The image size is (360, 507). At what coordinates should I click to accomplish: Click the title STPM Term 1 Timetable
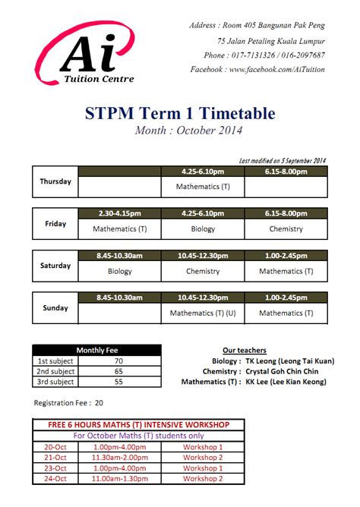tap(180, 114)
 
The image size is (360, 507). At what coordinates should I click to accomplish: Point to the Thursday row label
tap(55, 181)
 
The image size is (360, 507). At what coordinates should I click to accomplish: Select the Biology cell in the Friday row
tap(203, 228)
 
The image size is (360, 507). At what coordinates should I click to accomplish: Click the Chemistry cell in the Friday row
tap(286, 228)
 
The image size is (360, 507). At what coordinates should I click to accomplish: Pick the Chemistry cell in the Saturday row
tap(203, 271)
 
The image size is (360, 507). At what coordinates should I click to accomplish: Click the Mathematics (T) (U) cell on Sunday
tap(203, 313)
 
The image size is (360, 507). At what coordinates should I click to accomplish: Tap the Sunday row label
tap(55, 308)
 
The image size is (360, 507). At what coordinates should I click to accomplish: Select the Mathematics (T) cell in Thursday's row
tap(203, 186)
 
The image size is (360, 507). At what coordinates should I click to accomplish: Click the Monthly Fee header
tap(96, 350)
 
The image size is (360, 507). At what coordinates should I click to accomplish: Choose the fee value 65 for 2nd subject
tap(118, 372)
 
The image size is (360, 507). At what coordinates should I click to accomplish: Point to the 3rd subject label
tap(56, 383)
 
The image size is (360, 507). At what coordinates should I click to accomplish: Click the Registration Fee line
tap(69, 403)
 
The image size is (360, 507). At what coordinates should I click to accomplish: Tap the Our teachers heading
tap(245, 351)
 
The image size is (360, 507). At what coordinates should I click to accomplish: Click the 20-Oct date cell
tap(55, 448)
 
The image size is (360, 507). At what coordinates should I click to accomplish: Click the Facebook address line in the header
tap(257, 69)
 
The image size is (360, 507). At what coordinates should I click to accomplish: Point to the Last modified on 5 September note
tap(282, 160)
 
